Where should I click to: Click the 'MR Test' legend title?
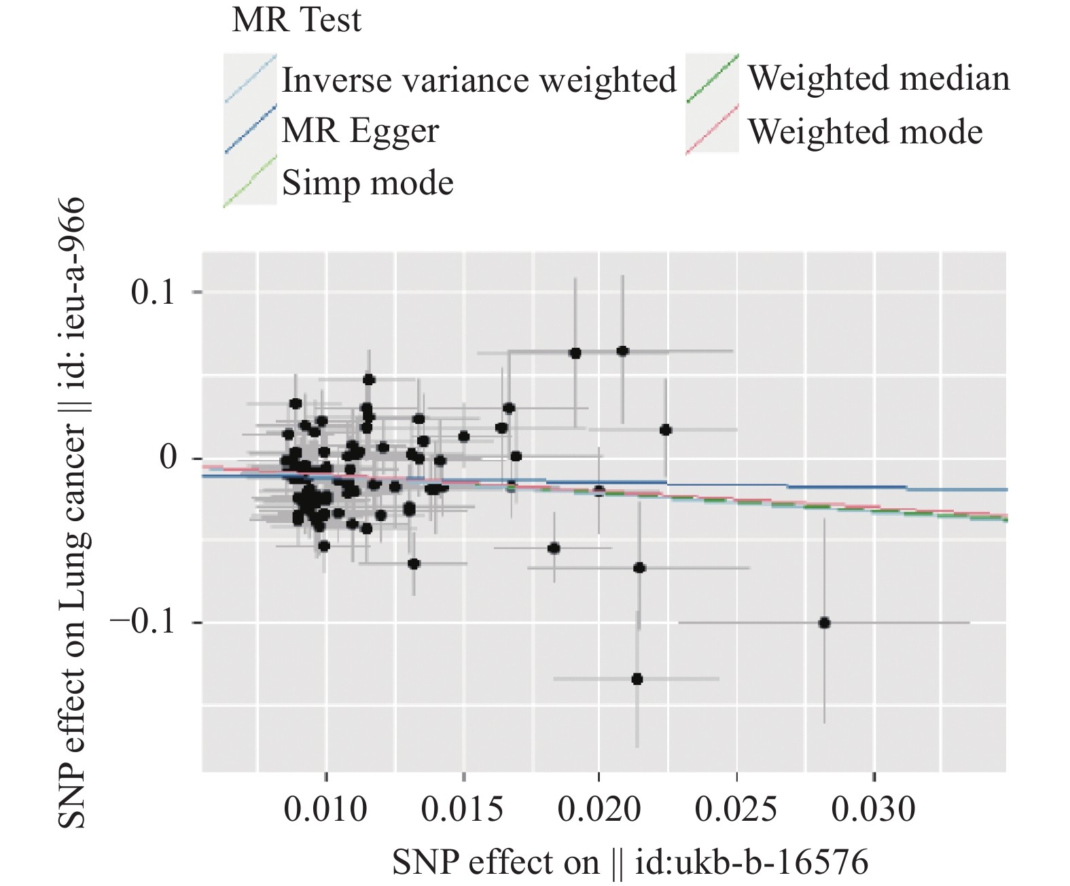point(296,20)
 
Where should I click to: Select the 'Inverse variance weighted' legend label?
point(479,80)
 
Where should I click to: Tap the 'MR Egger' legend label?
point(360,130)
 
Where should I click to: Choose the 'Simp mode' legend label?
point(368,183)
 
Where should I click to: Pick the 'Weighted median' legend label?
point(878,78)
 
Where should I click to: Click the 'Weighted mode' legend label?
point(865,131)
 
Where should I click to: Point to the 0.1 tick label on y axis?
point(154,292)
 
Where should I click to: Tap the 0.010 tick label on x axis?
point(325,809)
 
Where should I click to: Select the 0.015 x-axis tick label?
point(463,809)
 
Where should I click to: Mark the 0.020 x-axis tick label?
point(599,809)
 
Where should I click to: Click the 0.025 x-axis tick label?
point(736,809)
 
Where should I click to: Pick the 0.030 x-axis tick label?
point(874,809)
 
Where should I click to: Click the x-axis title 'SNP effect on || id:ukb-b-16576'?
point(630,862)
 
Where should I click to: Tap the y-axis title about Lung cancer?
point(72,513)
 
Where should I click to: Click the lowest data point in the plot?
point(637,679)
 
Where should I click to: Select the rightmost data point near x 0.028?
point(824,623)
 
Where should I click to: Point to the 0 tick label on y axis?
point(168,457)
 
